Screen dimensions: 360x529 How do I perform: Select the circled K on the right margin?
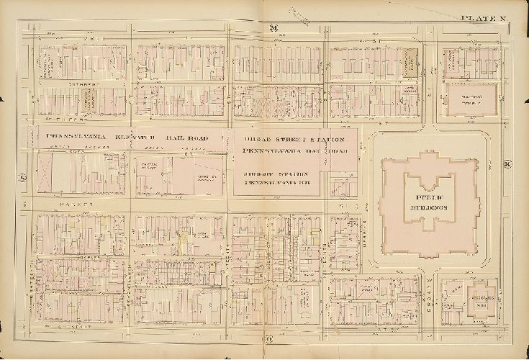click(x=508, y=164)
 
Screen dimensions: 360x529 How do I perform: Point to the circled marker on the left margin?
click(x=22, y=177)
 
